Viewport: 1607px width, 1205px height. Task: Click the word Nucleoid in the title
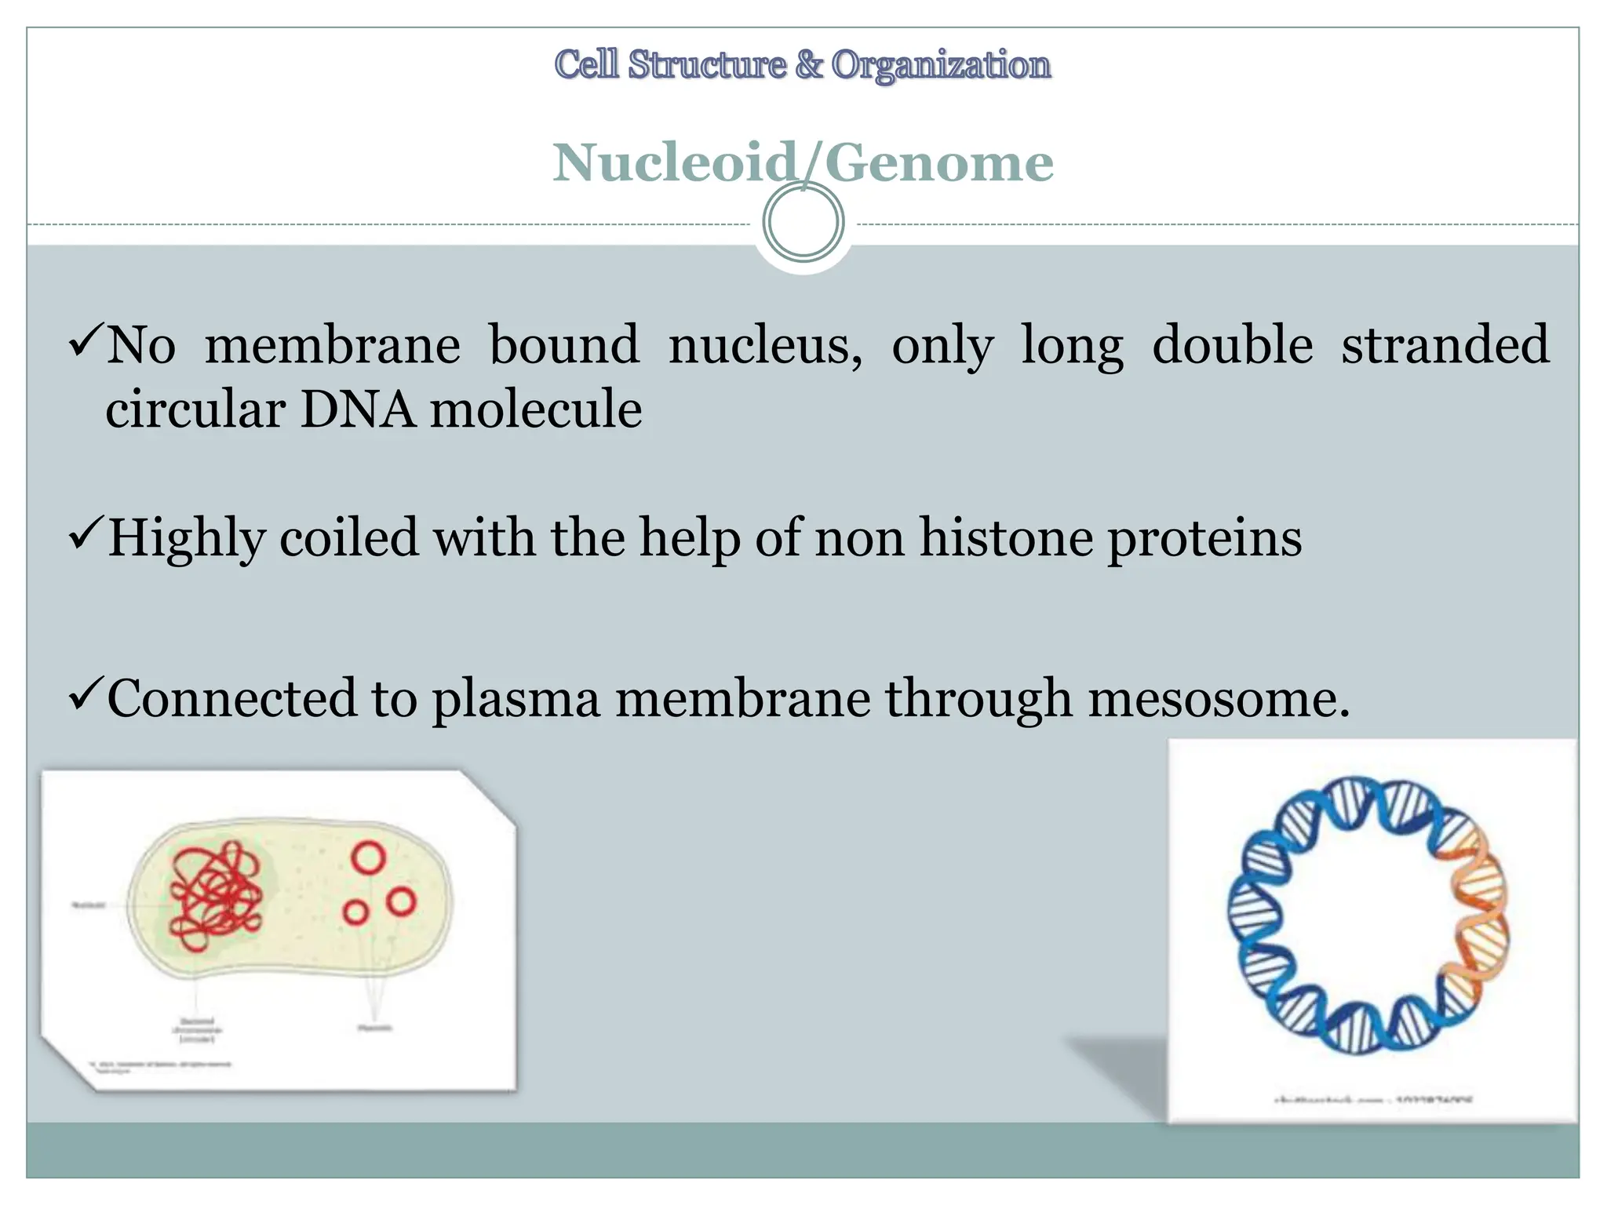click(675, 163)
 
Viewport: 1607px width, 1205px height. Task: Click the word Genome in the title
click(938, 163)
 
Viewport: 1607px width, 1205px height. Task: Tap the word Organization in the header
click(941, 64)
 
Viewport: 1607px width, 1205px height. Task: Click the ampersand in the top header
click(808, 64)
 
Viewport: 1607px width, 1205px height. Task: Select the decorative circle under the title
click(803, 222)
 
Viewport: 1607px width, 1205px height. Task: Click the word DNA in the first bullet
click(358, 410)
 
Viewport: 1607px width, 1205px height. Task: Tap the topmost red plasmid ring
click(368, 857)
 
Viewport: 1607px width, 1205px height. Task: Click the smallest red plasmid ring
click(355, 912)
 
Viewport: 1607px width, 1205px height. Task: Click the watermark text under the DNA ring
click(1373, 1100)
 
